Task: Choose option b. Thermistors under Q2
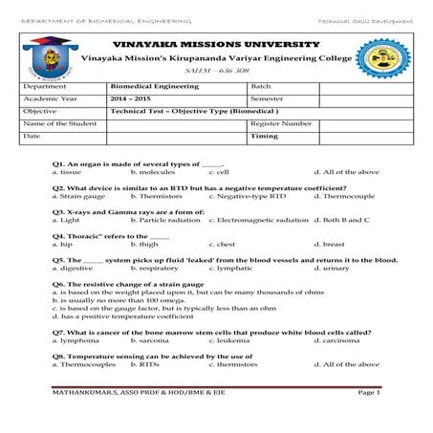point(156,195)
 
